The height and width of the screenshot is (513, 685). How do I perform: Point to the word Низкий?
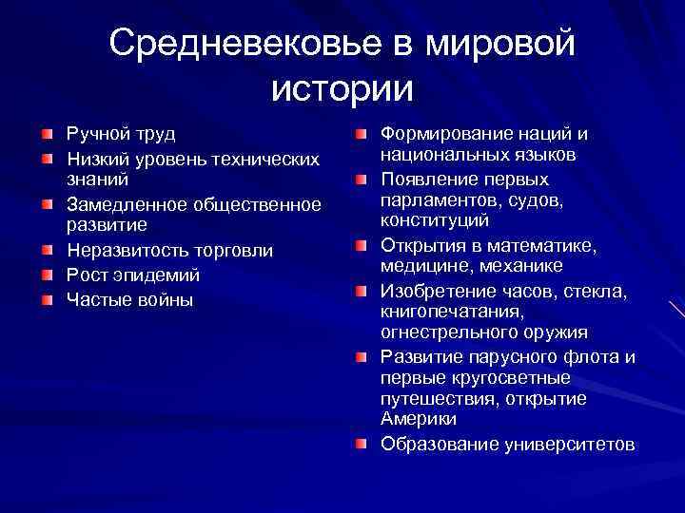[91, 156]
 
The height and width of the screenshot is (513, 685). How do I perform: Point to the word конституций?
[435, 220]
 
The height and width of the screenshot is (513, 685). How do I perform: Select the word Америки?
[418, 418]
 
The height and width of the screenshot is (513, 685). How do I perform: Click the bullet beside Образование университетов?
[362, 444]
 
